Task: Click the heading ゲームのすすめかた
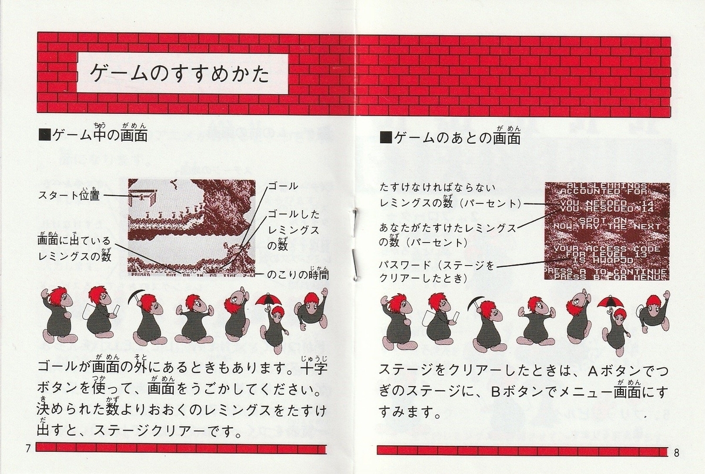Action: [179, 75]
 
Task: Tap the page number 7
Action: [28, 449]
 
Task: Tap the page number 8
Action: [677, 452]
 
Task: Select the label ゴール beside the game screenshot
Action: [283, 186]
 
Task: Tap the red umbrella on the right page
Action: [609, 302]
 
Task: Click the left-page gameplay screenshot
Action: [192, 226]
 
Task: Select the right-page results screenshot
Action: [606, 229]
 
